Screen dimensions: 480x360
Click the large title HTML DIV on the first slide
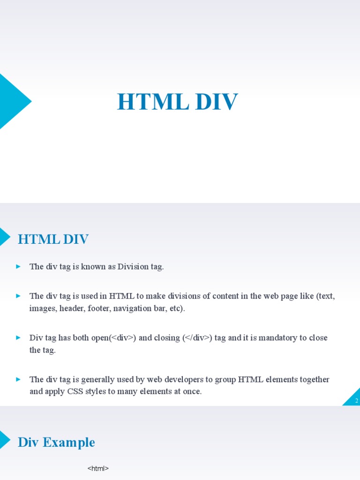click(x=178, y=102)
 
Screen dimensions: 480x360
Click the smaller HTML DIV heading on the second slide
click(x=53, y=240)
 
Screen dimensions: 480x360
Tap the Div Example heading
click(x=56, y=442)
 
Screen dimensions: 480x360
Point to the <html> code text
click(x=98, y=468)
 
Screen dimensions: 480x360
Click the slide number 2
click(x=356, y=401)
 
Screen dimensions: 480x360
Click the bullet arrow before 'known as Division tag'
click(x=18, y=267)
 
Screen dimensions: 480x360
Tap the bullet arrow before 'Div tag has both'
click(x=18, y=337)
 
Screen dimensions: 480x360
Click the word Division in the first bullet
click(x=133, y=267)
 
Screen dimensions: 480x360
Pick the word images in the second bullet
click(x=42, y=308)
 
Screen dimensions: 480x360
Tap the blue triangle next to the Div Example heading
click(x=4, y=440)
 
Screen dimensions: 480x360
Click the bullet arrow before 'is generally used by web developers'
click(x=18, y=379)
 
